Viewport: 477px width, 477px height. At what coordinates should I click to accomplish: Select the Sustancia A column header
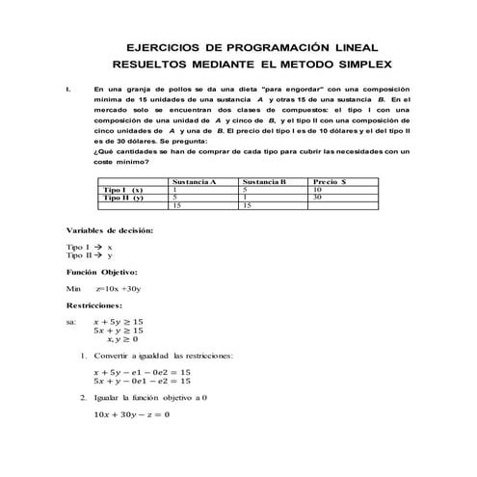(193, 180)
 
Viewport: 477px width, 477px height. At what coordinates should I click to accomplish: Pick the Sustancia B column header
(265, 180)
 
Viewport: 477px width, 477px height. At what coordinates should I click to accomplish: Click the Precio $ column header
(331, 180)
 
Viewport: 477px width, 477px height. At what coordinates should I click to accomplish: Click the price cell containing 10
(318, 189)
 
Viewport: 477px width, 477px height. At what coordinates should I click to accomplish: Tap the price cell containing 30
(318, 198)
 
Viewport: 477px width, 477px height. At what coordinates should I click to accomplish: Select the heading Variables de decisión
(109, 231)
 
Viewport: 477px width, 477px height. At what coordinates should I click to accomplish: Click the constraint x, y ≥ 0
(122, 339)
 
